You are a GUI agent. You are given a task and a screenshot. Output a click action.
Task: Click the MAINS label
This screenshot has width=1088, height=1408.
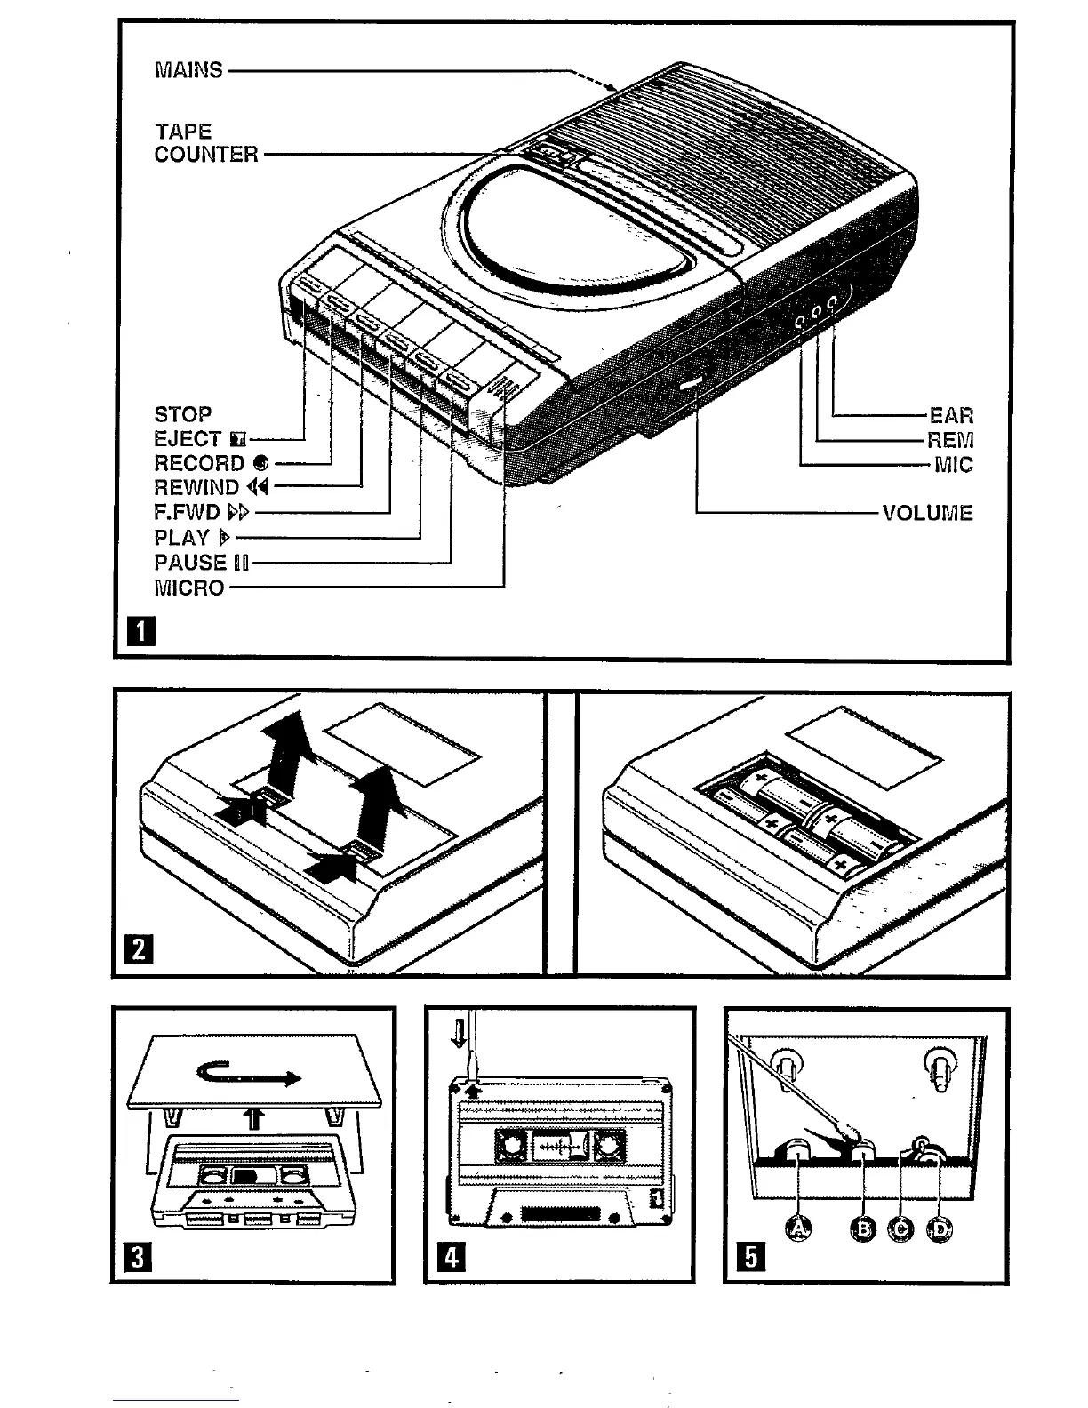click(188, 70)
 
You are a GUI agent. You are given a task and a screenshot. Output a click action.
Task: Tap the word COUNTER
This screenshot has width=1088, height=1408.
click(206, 155)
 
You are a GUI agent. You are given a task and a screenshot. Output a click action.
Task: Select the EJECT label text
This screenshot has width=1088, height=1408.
click(188, 439)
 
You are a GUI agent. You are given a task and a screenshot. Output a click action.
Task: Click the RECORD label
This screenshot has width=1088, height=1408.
click(199, 464)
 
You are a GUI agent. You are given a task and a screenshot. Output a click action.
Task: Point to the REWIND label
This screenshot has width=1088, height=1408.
click(197, 488)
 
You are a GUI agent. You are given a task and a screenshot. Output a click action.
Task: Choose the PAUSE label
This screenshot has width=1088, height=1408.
click(191, 563)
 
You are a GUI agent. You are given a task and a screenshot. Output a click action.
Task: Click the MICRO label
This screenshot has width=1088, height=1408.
click(189, 588)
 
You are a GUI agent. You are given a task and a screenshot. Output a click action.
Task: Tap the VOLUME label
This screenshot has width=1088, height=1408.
click(927, 513)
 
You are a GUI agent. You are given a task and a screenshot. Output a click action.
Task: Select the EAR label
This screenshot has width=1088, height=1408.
click(951, 415)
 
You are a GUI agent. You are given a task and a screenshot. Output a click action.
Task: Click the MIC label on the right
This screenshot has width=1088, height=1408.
click(953, 465)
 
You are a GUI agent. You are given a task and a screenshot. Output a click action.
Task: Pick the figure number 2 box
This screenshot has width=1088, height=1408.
click(141, 951)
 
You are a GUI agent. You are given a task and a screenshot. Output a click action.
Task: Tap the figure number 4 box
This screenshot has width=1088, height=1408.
click(452, 1257)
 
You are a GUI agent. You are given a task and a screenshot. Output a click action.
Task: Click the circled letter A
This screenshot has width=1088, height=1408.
click(800, 1229)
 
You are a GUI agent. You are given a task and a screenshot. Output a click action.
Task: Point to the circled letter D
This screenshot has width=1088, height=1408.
click(939, 1229)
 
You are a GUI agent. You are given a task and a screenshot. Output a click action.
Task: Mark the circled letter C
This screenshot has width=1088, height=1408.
click(901, 1229)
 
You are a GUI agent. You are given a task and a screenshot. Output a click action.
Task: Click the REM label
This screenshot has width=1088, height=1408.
click(949, 440)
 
